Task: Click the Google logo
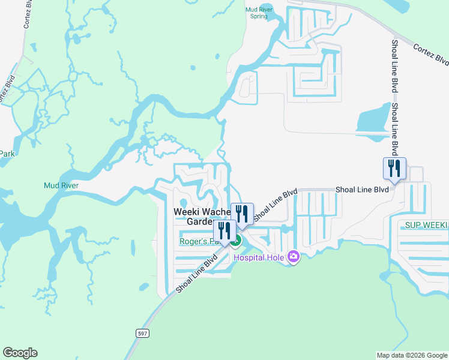click(20, 353)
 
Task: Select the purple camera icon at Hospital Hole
click(294, 256)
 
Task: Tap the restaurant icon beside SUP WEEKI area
click(394, 168)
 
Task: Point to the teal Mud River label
click(61, 185)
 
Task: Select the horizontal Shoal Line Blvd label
click(363, 189)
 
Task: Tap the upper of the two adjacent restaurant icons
click(242, 214)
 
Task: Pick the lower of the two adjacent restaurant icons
click(224, 231)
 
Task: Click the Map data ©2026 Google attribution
click(411, 355)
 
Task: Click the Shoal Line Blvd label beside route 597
click(196, 275)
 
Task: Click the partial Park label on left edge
click(7, 154)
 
